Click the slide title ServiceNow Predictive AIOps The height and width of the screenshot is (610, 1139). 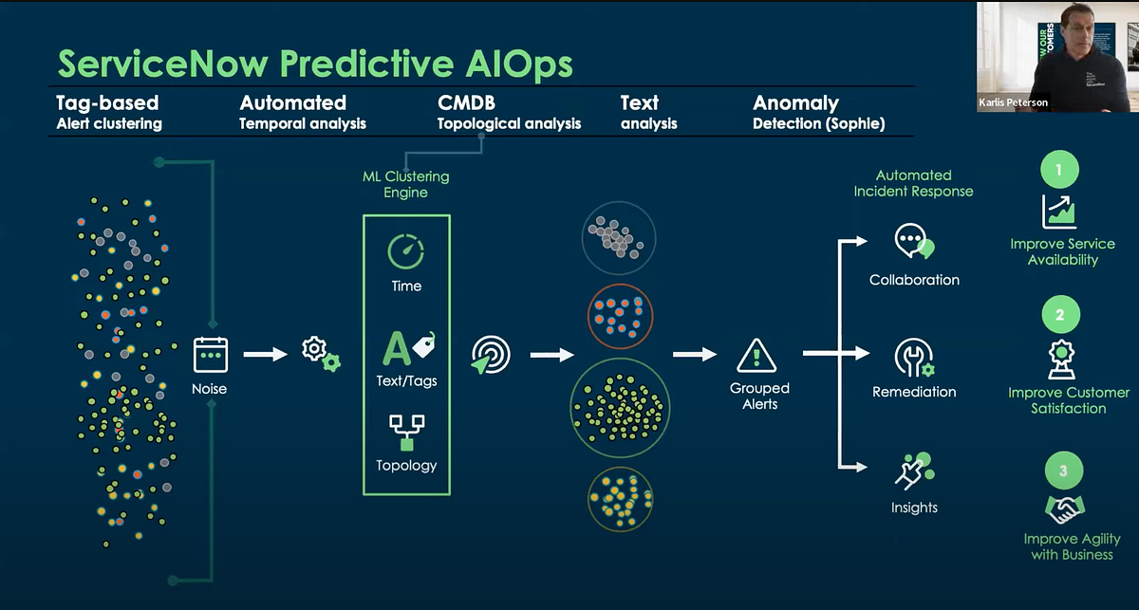point(315,64)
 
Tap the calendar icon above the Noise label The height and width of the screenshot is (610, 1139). point(210,354)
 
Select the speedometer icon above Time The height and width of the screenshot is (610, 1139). point(405,252)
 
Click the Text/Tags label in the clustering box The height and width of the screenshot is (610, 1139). point(406,381)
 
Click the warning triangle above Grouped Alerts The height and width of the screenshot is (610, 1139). point(756,356)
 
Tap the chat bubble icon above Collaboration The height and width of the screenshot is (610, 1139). point(913,242)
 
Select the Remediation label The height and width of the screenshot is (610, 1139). point(914,392)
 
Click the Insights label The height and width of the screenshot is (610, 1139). point(914,508)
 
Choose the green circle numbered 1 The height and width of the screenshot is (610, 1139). point(1060,171)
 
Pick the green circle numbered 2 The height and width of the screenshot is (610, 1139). point(1060,313)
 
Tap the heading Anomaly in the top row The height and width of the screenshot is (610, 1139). point(795,102)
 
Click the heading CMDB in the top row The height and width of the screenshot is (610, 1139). point(466,102)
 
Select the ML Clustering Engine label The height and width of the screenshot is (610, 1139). point(405,184)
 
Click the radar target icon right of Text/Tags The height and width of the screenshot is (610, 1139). point(491,355)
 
